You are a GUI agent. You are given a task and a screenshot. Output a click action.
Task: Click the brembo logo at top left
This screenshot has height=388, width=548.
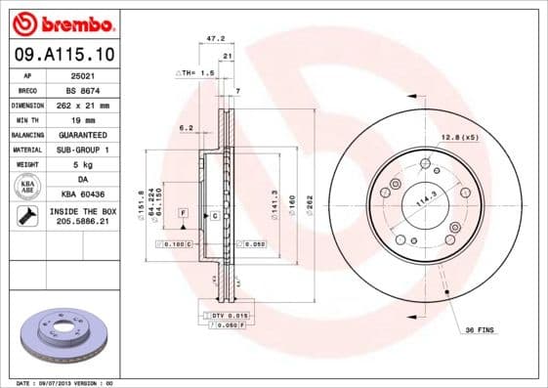60,22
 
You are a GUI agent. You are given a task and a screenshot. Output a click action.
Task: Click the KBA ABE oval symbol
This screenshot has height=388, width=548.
27,186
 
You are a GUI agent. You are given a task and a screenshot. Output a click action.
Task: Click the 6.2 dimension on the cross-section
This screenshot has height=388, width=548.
186,127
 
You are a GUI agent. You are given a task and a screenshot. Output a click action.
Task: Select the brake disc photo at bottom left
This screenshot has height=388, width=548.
60,336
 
